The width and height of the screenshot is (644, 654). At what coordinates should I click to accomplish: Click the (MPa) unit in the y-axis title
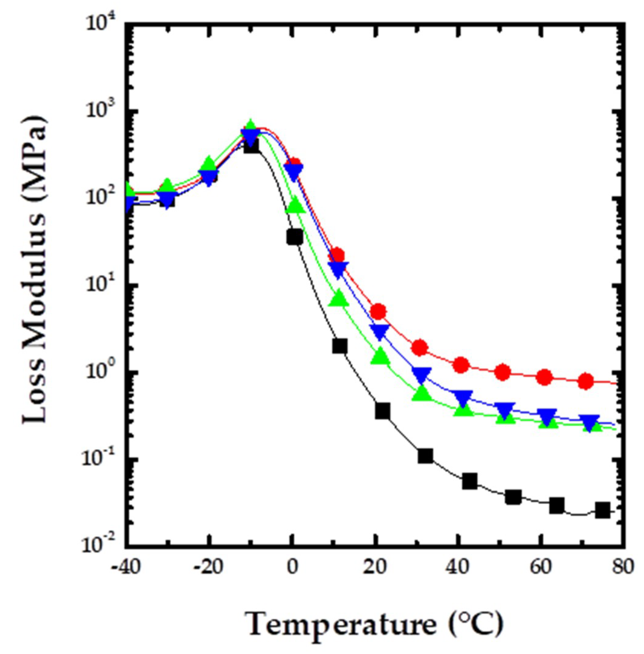34,152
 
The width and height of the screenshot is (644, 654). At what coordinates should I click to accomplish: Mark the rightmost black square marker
603,511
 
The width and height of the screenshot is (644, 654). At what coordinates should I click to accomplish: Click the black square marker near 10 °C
340,346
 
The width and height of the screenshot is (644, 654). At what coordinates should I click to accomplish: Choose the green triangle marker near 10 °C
339,299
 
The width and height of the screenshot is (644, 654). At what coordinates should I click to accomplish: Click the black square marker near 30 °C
425,456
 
